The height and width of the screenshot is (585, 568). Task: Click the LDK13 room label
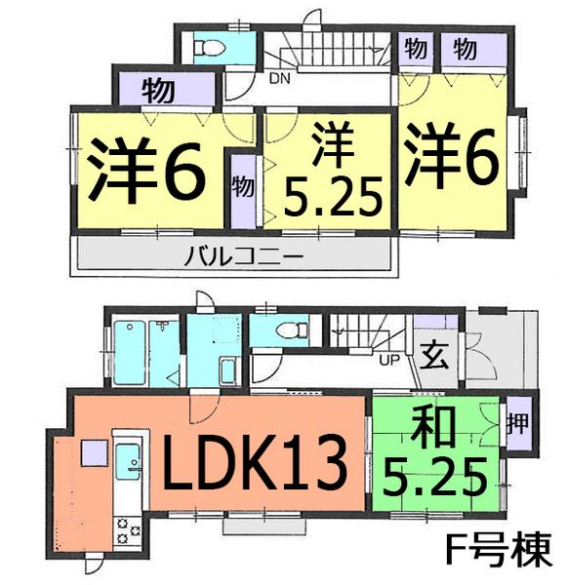pyautogui.click(x=256, y=461)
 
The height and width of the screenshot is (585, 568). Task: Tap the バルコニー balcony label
pyautogui.click(x=231, y=257)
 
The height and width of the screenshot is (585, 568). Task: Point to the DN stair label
pyautogui.click(x=280, y=79)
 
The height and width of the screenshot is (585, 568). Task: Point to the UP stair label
pyautogui.click(x=388, y=359)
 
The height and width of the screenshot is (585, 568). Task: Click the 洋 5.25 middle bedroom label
pyautogui.click(x=328, y=175)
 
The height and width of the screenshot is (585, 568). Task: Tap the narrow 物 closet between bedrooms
pyautogui.click(x=241, y=185)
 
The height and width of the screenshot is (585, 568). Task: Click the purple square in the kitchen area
pyautogui.click(x=94, y=452)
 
